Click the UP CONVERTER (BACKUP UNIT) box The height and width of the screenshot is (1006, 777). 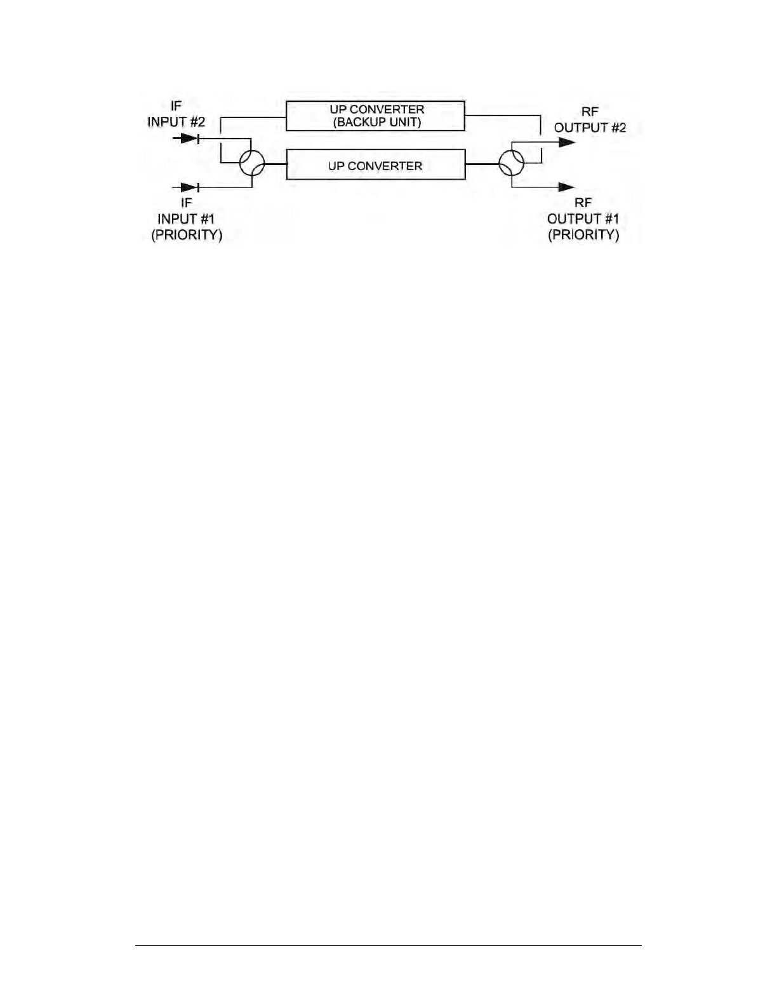[x=375, y=116]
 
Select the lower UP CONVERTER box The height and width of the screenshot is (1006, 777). [x=375, y=165]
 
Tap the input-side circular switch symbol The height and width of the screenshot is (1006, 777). [x=252, y=163]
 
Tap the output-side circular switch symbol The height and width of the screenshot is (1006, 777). [x=512, y=163]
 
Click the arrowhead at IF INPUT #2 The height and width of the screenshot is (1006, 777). [x=189, y=138]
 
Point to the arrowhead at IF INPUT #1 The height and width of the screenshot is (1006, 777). [x=189, y=187]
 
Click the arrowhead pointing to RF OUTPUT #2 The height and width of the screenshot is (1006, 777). [x=566, y=142]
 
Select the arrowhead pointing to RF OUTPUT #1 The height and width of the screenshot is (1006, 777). [x=566, y=187]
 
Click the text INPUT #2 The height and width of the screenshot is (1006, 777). [x=176, y=121]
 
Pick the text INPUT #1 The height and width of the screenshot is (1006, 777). [x=186, y=218]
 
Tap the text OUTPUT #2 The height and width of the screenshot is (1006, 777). [x=590, y=127]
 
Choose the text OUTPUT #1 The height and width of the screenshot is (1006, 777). [x=583, y=218]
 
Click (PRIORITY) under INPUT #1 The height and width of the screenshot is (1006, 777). [x=186, y=234]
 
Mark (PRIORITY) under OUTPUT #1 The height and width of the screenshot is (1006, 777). [x=583, y=234]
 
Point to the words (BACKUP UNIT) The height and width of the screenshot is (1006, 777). [x=377, y=123]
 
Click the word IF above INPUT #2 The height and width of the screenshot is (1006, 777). [x=176, y=106]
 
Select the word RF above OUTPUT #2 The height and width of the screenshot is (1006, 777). [x=590, y=112]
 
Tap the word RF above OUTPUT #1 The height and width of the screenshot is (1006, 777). [x=583, y=203]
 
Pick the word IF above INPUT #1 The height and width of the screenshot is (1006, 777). [x=186, y=203]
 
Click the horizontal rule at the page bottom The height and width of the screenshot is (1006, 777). [x=388, y=946]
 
